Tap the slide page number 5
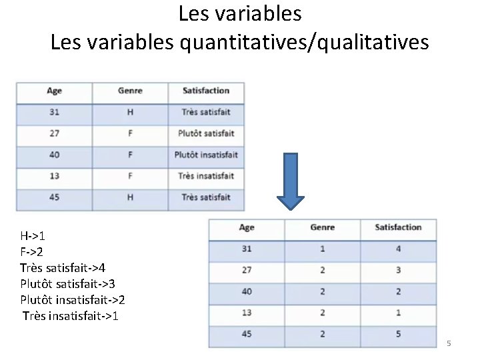click(449, 343)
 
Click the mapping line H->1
click(33, 235)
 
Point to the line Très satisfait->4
click(63, 267)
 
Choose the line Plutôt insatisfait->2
click(73, 299)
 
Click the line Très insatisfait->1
click(70, 315)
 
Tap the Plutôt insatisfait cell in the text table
click(206, 155)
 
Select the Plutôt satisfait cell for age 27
click(206, 133)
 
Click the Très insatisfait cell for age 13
click(206, 176)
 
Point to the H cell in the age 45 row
click(130, 197)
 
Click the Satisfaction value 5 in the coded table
click(398, 334)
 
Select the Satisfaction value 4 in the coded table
click(398, 249)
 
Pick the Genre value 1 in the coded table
click(323, 249)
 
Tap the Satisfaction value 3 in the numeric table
click(398, 270)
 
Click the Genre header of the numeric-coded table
click(323, 227)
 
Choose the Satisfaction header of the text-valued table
click(206, 91)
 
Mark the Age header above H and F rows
click(55, 91)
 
